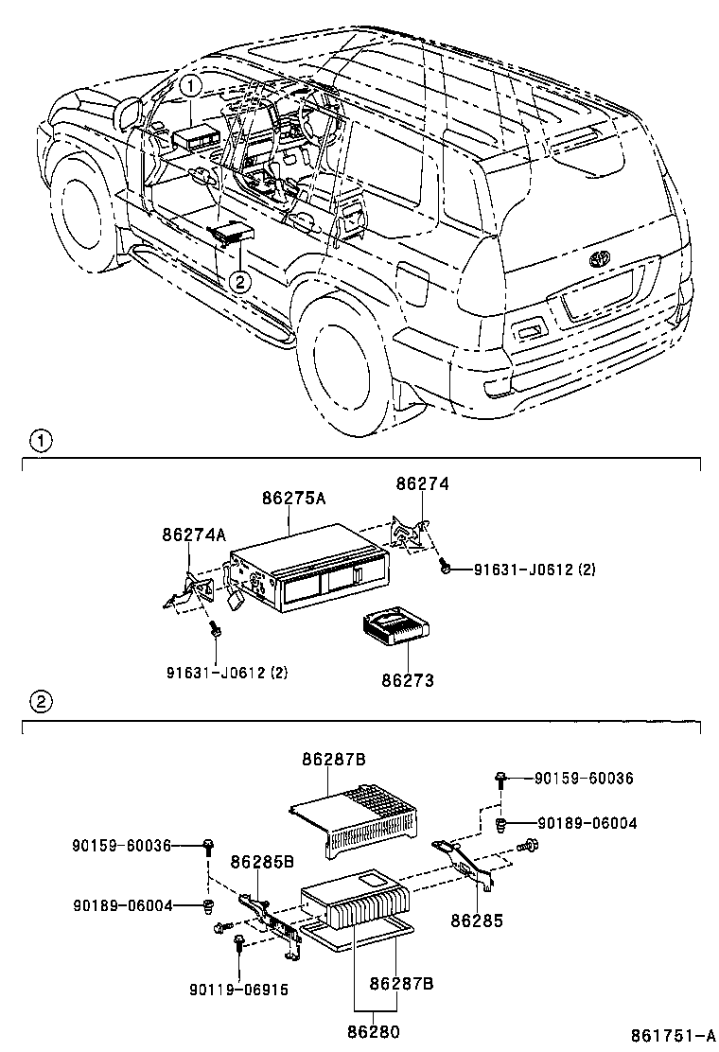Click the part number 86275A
[294, 498]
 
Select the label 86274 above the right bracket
[422, 483]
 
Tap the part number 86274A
[193, 535]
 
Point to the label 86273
[408, 679]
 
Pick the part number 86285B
[262, 862]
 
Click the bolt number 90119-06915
[238, 990]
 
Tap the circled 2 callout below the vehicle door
[240, 281]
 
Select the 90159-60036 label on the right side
[583, 778]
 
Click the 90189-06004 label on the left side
[123, 905]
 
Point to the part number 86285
[477, 919]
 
